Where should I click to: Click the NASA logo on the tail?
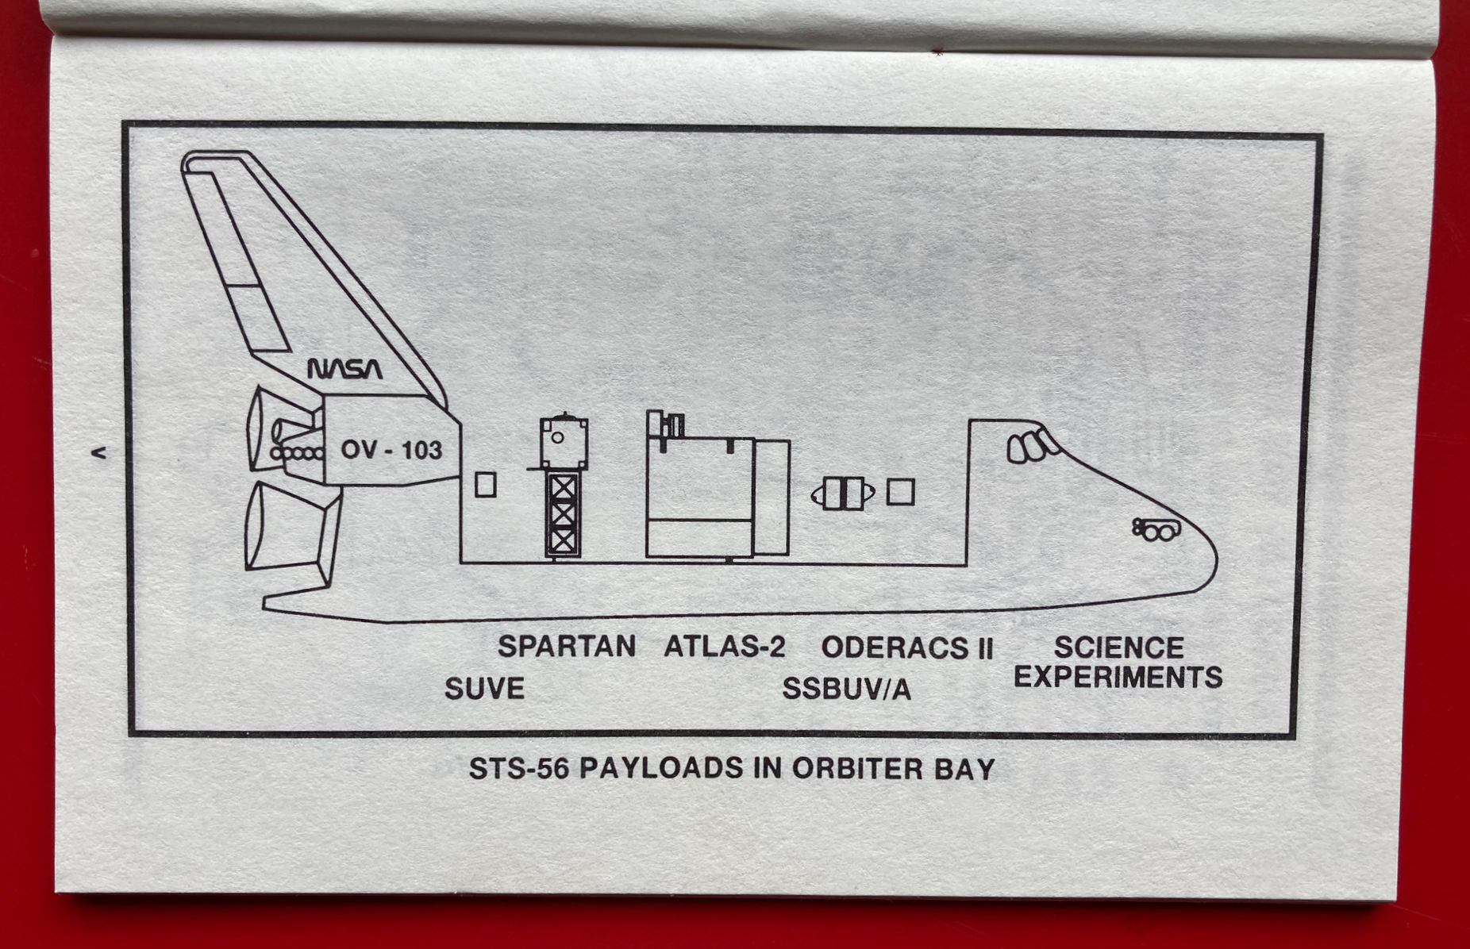(x=344, y=369)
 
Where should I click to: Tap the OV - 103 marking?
(x=391, y=450)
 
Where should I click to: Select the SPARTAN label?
(x=567, y=647)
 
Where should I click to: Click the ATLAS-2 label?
(x=725, y=647)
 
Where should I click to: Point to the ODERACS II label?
(x=907, y=648)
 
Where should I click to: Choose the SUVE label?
(x=484, y=688)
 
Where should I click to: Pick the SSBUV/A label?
(x=846, y=689)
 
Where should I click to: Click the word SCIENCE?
(x=1118, y=647)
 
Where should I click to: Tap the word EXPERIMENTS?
(x=1118, y=677)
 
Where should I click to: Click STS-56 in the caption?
(x=519, y=769)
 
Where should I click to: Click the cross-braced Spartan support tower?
(x=563, y=514)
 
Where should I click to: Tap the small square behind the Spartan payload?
(x=485, y=484)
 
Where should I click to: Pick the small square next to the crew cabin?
(x=900, y=492)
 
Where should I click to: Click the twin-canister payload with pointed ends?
(x=843, y=494)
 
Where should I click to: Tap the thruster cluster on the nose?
(x=1156, y=529)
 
